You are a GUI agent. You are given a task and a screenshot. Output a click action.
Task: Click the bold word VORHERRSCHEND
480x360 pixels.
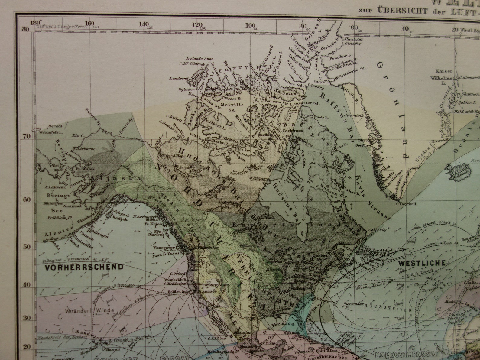pyautogui.click(x=84, y=267)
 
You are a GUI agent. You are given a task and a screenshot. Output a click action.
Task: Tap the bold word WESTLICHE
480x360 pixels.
pyautogui.click(x=421, y=263)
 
